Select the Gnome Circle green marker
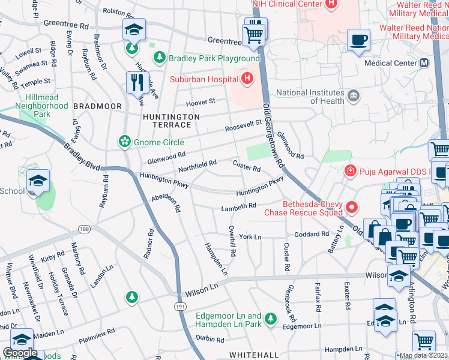pyautogui.click(x=124, y=142)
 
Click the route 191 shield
pyautogui.click(x=180, y=307)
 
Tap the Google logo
pyautogui.click(x=20, y=352)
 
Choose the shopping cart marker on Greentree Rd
pyautogui.click(x=254, y=32)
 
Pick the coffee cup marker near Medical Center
pyautogui.click(x=358, y=40)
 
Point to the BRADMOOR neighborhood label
pyautogui.click(x=97, y=106)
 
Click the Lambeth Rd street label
pyautogui.click(x=239, y=206)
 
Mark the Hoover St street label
pyautogui.click(x=200, y=102)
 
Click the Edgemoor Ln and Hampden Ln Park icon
pyautogui.click(x=272, y=317)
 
